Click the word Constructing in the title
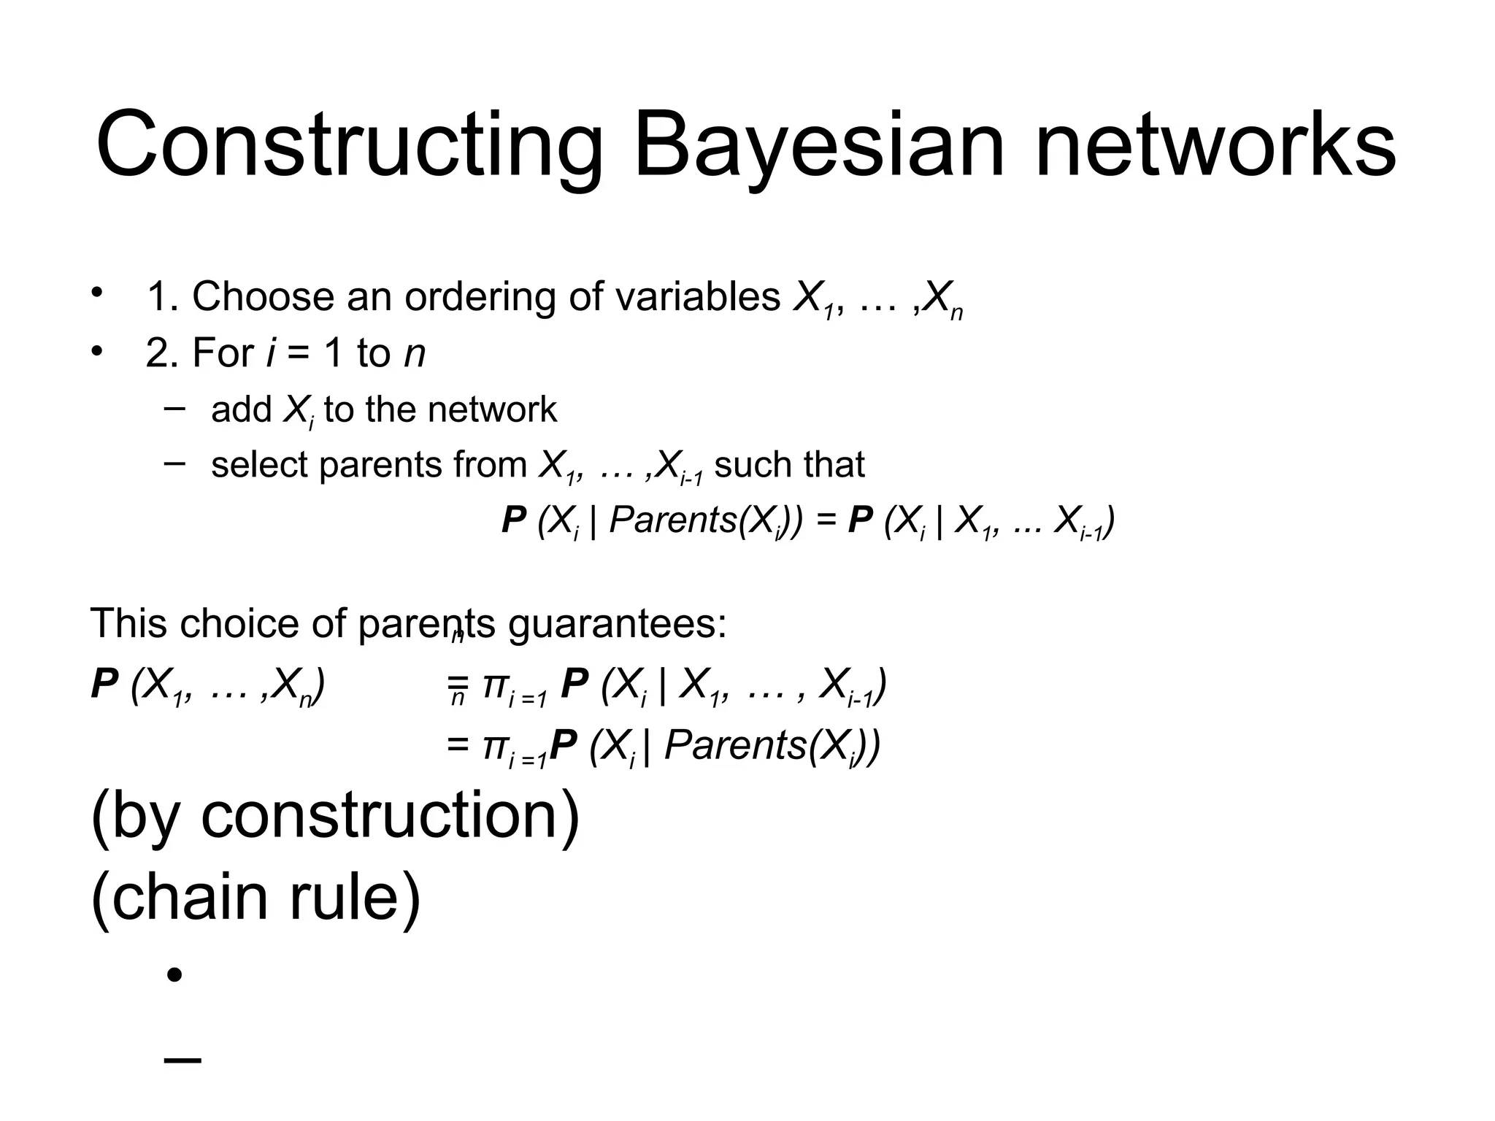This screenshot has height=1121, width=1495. click(349, 146)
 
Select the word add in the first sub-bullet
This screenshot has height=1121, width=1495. click(242, 409)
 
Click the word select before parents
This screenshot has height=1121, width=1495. click(259, 465)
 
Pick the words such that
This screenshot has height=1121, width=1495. click(789, 465)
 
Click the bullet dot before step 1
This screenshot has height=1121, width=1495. click(95, 294)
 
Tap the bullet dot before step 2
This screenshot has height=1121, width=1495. click(95, 352)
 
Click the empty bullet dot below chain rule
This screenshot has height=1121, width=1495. click(174, 975)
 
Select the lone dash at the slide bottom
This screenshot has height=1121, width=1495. click(182, 1060)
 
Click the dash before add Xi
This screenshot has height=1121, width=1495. click(174, 407)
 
